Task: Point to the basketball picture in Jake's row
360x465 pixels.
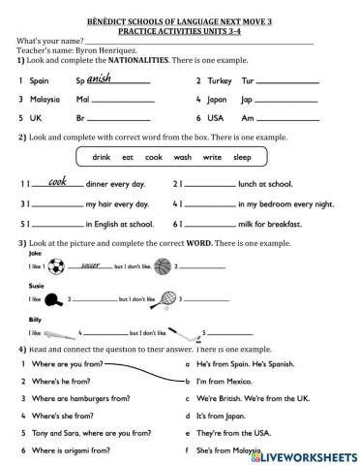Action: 163,264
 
